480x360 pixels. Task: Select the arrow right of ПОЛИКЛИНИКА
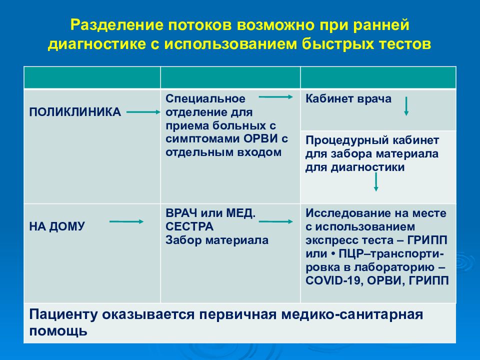click(x=144, y=113)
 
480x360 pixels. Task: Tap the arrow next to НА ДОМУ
click(x=126, y=221)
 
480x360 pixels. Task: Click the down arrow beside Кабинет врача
click(x=406, y=106)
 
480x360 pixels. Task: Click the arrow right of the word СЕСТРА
click(x=275, y=221)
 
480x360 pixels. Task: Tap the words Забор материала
click(x=217, y=240)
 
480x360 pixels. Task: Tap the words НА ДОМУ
click(x=56, y=226)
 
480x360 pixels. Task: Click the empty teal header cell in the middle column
click(x=230, y=78)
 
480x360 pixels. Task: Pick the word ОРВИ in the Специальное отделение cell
click(x=260, y=139)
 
